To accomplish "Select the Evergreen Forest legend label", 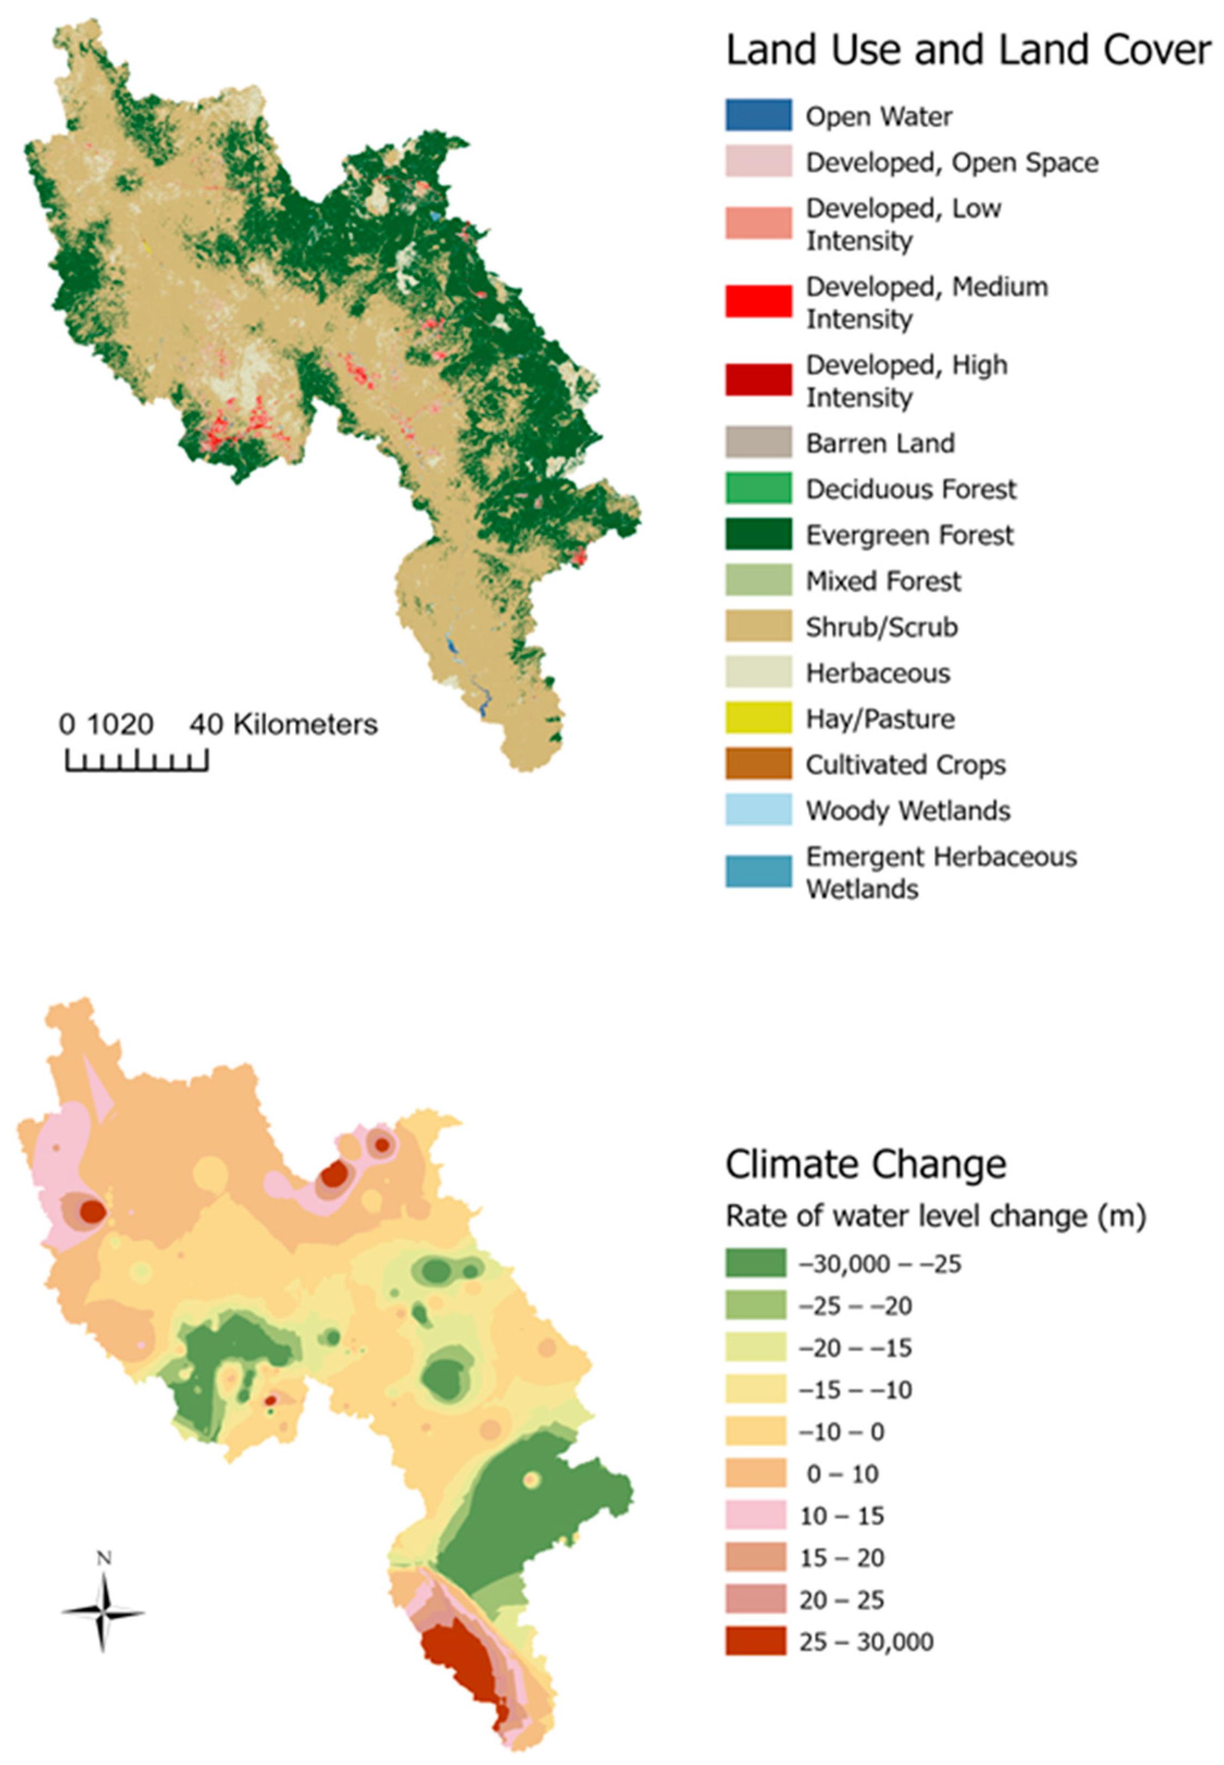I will pos(909,535).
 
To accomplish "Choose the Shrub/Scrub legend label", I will pos(881,627).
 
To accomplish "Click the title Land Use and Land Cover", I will pos(969,51).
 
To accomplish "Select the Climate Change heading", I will pos(865,1164).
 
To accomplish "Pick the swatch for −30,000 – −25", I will pos(755,1263).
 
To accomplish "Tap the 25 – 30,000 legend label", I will pos(866,1642).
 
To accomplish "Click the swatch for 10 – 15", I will pos(755,1515).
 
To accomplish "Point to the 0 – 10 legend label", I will pos(841,1473).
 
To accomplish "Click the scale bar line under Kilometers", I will pos(136,768).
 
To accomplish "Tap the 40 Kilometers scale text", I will pos(284,724).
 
